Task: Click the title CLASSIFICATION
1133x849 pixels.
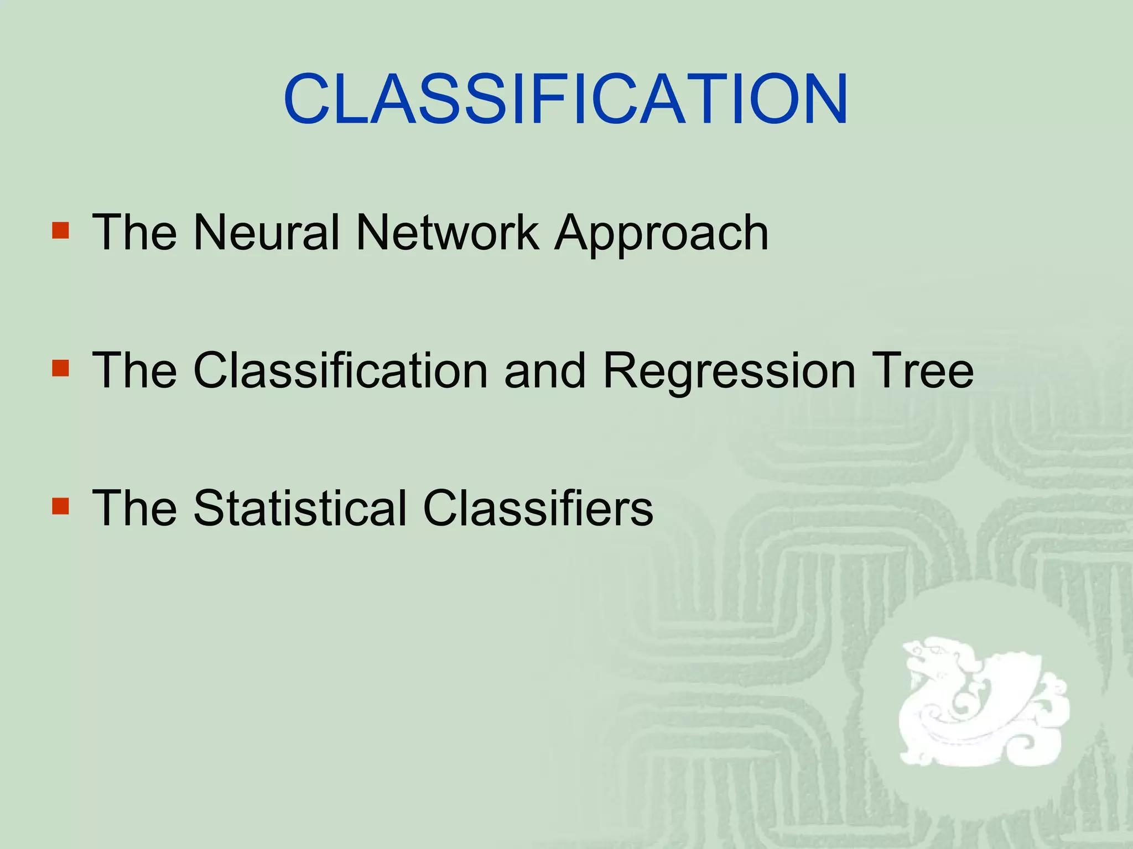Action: (565, 99)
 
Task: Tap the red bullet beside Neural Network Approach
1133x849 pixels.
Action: (60, 230)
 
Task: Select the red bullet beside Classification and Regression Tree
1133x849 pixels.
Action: (60, 369)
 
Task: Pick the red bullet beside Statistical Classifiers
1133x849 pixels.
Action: (60, 506)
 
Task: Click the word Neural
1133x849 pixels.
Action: (266, 233)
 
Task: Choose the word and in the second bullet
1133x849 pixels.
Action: (544, 370)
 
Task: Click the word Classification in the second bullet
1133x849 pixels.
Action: (340, 370)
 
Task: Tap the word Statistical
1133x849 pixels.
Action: (300, 508)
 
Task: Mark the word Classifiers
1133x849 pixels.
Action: (538, 508)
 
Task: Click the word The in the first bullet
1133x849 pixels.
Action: (134, 233)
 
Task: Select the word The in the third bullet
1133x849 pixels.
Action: (134, 508)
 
